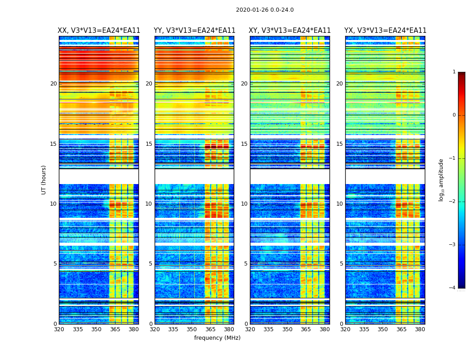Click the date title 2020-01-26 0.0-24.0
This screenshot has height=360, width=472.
[x=265, y=10]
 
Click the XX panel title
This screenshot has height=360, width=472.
[x=99, y=31]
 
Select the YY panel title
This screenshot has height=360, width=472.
[x=195, y=31]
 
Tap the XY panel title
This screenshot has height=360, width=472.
[x=290, y=31]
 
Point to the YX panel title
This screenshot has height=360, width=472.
[x=385, y=31]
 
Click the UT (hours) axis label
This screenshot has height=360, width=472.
[x=44, y=180]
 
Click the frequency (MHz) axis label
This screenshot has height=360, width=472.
[x=217, y=338]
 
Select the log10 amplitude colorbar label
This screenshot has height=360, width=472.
[x=441, y=180]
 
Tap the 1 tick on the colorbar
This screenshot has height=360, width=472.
[x=454, y=72]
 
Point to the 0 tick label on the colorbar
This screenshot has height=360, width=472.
[x=454, y=115]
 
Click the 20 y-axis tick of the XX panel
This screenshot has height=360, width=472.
[x=53, y=84]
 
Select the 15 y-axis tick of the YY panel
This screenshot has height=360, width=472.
[x=149, y=144]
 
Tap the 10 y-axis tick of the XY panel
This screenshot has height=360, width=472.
[x=244, y=204]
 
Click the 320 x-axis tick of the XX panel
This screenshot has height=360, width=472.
[x=59, y=329]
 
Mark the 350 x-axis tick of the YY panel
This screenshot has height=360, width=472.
[x=192, y=329]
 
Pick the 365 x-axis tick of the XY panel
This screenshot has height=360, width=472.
[x=306, y=329]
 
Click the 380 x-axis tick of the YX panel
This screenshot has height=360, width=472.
[x=420, y=329]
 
